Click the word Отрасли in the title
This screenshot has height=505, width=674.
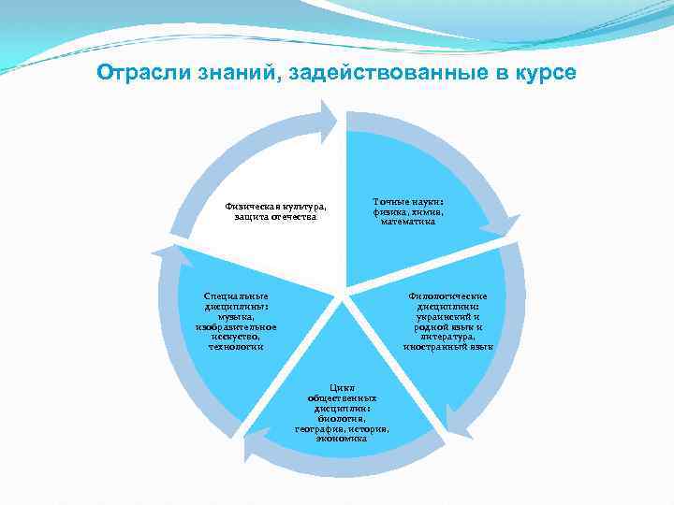tap(137, 73)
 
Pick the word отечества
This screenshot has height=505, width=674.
tap(294, 216)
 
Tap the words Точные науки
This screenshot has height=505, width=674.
tap(408, 201)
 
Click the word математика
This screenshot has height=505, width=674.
tap(408, 222)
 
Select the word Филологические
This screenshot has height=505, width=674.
tap(448, 296)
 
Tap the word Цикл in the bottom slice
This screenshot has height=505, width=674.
tap(342, 387)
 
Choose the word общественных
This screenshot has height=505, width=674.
tap(342, 397)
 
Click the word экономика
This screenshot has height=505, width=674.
tap(342, 438)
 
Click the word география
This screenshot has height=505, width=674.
tap(319, 428)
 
